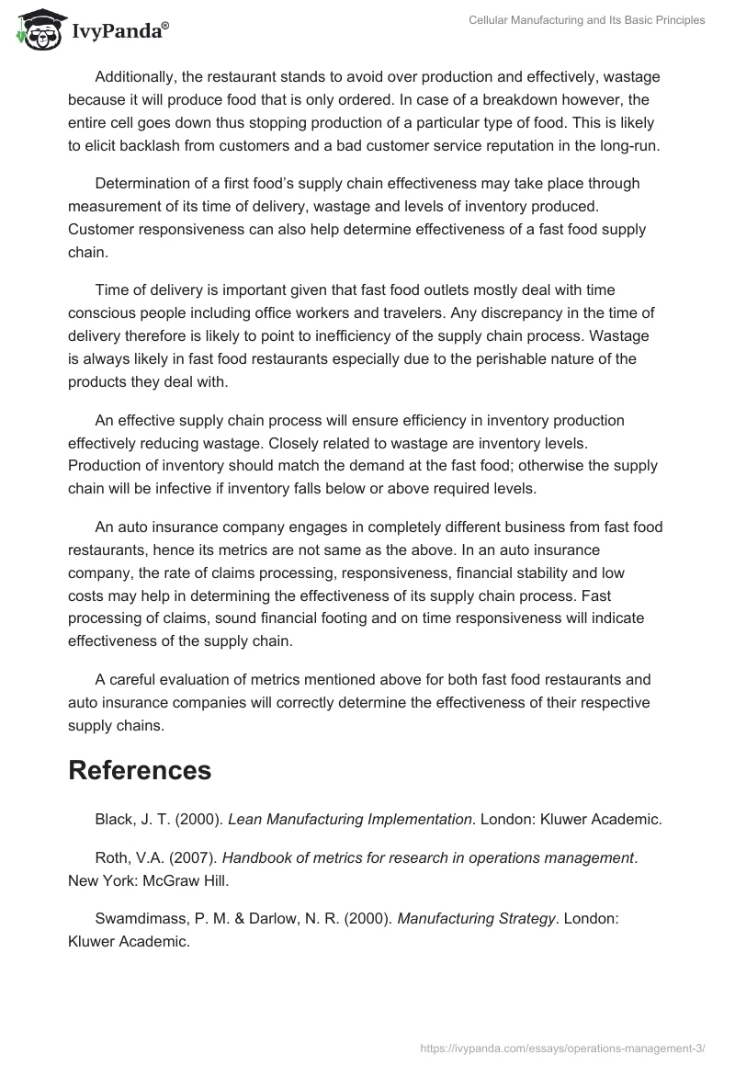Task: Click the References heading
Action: coord(140,770)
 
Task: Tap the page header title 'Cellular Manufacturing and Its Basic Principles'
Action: coord(586,20)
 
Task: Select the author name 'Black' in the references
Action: coord(113,819)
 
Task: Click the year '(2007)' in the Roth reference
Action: coord(196,857)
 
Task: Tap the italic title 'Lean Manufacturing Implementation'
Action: coord(349,819)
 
